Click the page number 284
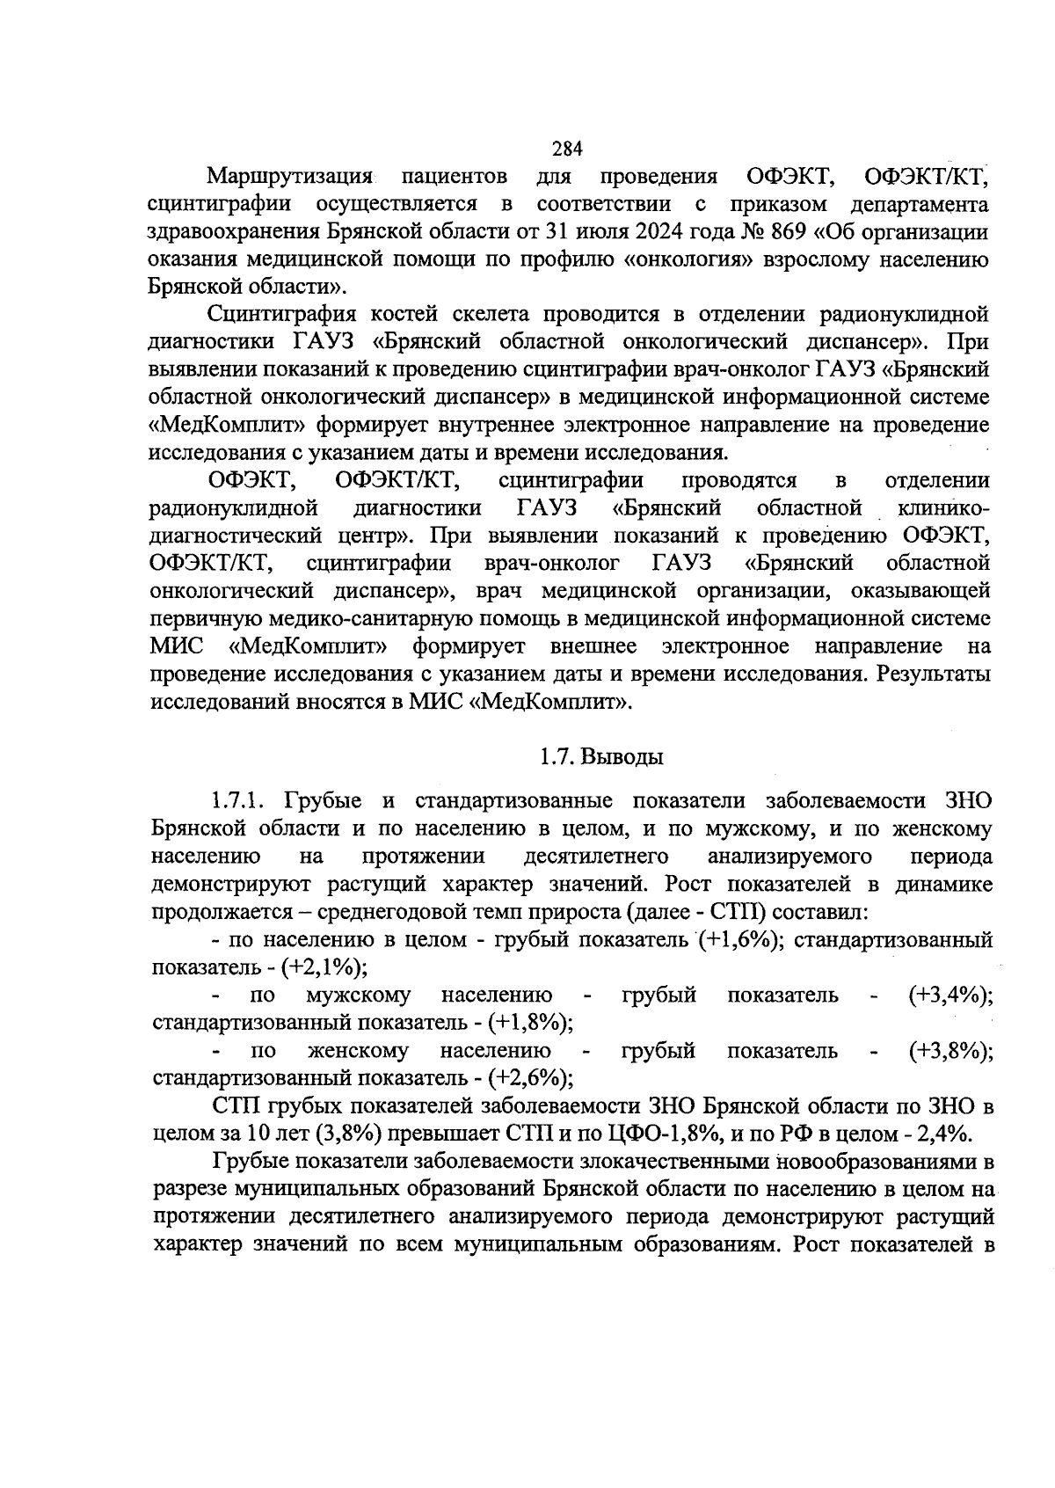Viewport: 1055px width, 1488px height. click(568, 148)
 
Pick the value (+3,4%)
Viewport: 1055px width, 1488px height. click(950, 995)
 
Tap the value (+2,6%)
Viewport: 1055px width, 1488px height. click(530, 1077)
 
